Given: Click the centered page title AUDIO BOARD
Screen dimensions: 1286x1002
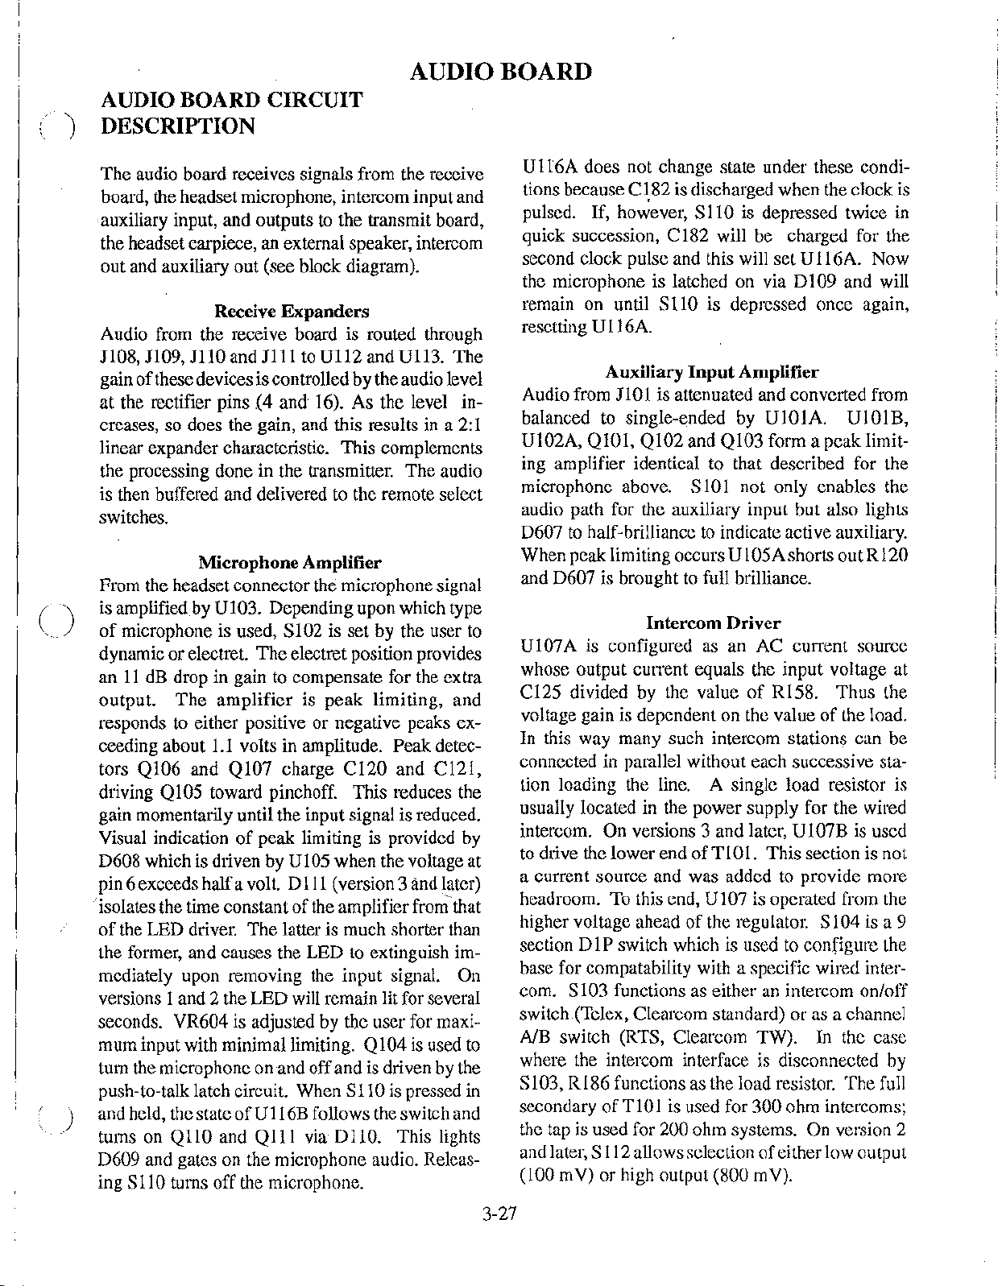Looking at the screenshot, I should coord(501,72).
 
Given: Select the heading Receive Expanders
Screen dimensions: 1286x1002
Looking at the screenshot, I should coord(292,312).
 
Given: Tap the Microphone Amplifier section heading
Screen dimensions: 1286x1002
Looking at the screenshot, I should coord(290,562).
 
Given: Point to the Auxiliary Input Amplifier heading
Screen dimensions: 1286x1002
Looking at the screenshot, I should coord(712,372).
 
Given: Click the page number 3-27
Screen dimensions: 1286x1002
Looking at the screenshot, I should coord(499,1215).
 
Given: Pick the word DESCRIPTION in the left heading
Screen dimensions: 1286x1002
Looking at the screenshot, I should coord(177,126).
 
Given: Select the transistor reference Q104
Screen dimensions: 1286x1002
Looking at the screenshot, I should coord(388,1045).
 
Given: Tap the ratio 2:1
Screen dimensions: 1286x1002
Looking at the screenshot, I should coord(468,425).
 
